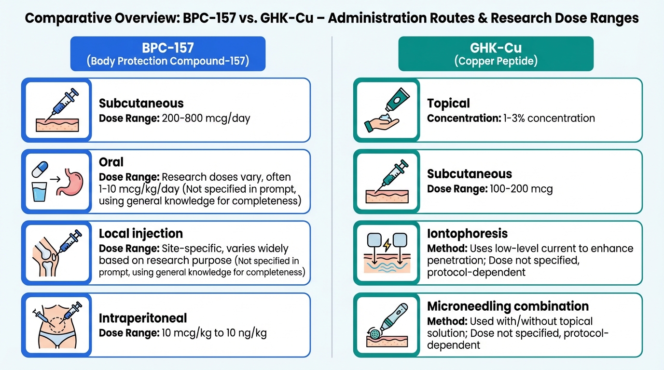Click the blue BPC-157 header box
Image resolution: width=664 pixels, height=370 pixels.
click(x=168, y=53)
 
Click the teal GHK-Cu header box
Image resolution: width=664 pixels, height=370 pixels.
click(x=496, y=53)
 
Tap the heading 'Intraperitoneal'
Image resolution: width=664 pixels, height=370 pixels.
click(x=143, y=318)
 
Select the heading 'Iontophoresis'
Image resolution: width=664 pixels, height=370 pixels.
click(x=468, y=234)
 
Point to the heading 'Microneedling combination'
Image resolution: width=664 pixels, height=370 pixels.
click(x=508, y=306)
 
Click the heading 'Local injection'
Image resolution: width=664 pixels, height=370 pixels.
click(x=141, y=234)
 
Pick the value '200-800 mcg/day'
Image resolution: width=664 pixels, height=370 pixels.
click(x=206, y=119)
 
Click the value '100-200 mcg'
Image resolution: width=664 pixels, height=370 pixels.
click(x=522, y=189)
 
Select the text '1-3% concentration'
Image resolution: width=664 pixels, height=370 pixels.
click(x=549, y=118)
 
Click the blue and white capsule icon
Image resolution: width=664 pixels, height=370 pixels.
click(x=40, y=169)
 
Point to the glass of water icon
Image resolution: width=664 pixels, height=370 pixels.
click(x=40, y=192)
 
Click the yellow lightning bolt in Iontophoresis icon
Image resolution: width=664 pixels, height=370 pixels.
click(x=387, y=245)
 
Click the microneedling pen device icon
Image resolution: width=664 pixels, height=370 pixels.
click(x=389, y=320)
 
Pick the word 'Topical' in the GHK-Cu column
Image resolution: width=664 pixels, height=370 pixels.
click(x=448, y=103)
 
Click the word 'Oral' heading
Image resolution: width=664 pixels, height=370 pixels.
click(x=111, y=162)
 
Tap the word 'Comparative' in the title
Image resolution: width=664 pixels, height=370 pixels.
click(x=68, y=18)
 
